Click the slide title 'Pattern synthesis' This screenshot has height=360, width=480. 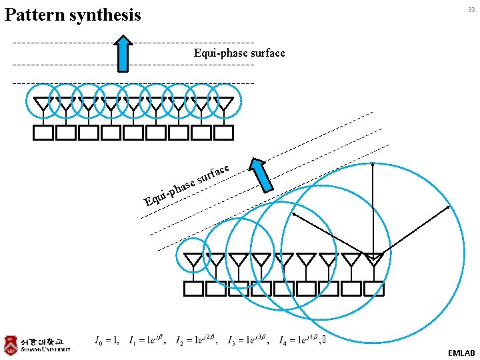click(x=73, y=14)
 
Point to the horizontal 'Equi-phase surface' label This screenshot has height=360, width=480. click(x=239, y=53)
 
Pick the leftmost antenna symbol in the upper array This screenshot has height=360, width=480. click(x=43, y=105)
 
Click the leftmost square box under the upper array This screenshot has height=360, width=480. click(x=43, y=133)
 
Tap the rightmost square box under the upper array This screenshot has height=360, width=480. click(x=224, y=133)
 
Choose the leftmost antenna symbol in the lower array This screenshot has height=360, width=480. click(x=193, y=260)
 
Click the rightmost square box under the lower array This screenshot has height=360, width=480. click(x=375, y=288)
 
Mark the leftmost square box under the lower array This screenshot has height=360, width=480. click(x=193, y=288)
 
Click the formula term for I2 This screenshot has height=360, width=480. click(x=197, y=341)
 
